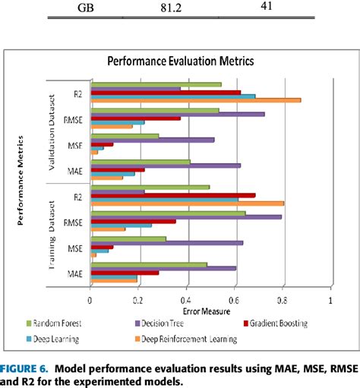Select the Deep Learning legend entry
coord(60,339)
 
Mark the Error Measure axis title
coord(206,311)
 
